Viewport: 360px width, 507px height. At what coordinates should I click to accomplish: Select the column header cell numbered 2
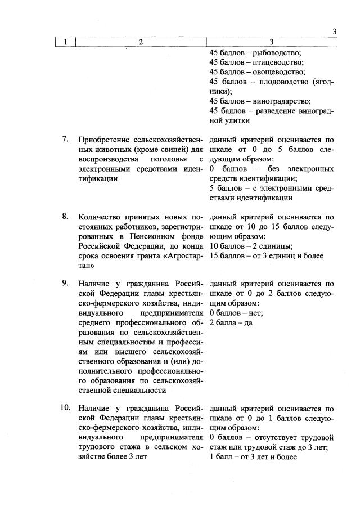[140, 42]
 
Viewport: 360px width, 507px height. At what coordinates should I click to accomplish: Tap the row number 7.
[65, 139]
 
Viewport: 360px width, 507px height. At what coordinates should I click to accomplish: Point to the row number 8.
[65, 216]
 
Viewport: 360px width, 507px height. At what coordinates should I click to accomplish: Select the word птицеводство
[278, 62]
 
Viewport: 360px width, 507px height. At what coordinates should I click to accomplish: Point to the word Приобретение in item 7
[105, 140]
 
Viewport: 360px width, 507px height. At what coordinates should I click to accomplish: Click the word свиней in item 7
[175, 150]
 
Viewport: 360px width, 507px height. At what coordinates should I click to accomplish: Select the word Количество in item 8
[101, 217]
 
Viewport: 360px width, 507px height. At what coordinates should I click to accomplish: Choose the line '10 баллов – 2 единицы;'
[250, 246]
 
